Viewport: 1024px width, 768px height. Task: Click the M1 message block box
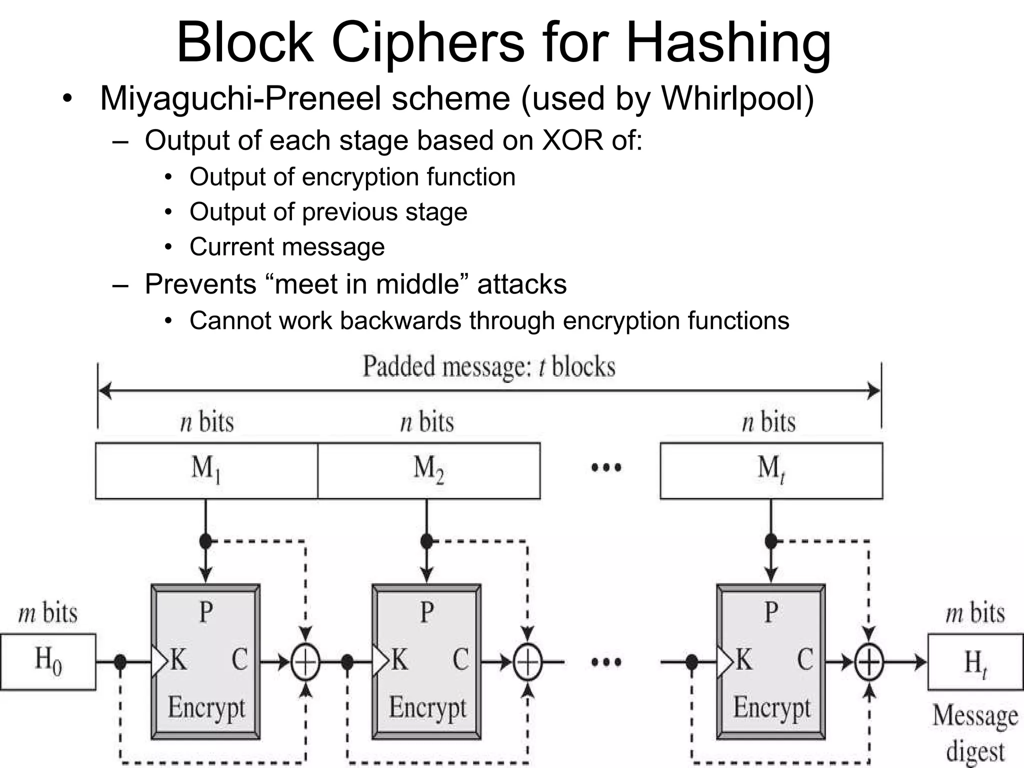tap(206, 470)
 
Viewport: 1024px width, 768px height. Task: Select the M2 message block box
tap(428, 470)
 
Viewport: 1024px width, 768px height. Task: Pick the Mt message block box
tap(771, 470)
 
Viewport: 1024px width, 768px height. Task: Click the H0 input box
tap(47, 661)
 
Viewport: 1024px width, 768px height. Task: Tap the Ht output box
tap(975, 662)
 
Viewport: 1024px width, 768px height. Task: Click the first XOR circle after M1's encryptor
tap(305, 662)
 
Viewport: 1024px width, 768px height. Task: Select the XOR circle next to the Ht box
tap(869, 662)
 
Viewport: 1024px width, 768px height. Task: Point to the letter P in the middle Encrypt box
tap(426, 612)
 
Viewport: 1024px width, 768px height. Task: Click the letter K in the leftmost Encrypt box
tap(178, 659)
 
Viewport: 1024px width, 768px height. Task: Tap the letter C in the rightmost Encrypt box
tap(804, 659)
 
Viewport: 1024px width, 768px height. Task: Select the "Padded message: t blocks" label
tap(488, 366)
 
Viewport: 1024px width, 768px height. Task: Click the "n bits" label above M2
tap(427, 421)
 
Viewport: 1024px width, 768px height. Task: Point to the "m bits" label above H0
tap(48, 613)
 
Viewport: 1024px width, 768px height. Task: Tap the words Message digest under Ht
tap(975, 732)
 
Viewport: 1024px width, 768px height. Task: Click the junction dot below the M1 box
tap(205, 540)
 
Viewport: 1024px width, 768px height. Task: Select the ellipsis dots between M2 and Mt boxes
tap(606, 468)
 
